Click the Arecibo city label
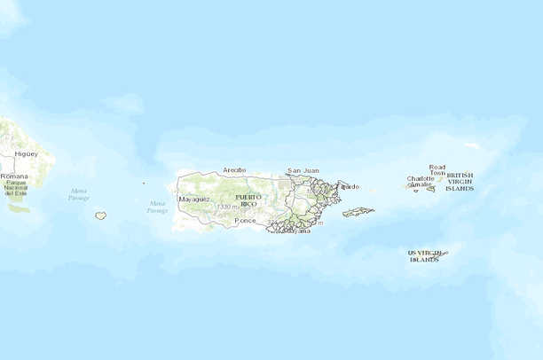click(x=234, y=168)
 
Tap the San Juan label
click(x=303, y=169)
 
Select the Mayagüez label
click(x=194, y=200)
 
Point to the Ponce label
click(x=245, y=220)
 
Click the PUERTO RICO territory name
click(x=248, y=200)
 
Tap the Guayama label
click(x=298, y=230)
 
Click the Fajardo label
click(x=350, y=186)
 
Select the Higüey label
click(x=26, y=153)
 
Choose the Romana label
click(x=14, y=176)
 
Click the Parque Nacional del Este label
click(x=16, y=188)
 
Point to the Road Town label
click(x=437, y=169)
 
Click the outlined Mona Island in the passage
click(x=101, y=215)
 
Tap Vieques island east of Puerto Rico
click(x=358, y=212)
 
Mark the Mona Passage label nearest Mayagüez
click(x=157, y=207)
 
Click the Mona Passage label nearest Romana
click(x=79, y=194)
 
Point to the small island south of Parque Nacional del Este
click(x=20, y=210)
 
